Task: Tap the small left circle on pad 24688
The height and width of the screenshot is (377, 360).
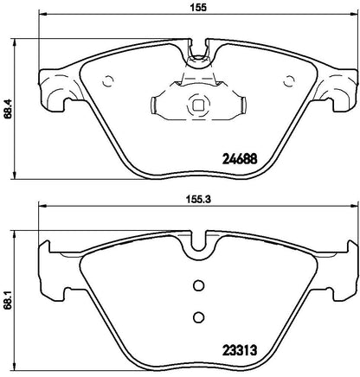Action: click(x=108, y=83)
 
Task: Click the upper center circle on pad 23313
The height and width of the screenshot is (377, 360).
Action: click(x=197, y=287)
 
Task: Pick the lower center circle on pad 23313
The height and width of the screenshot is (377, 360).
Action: click(x=197, y=316)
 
